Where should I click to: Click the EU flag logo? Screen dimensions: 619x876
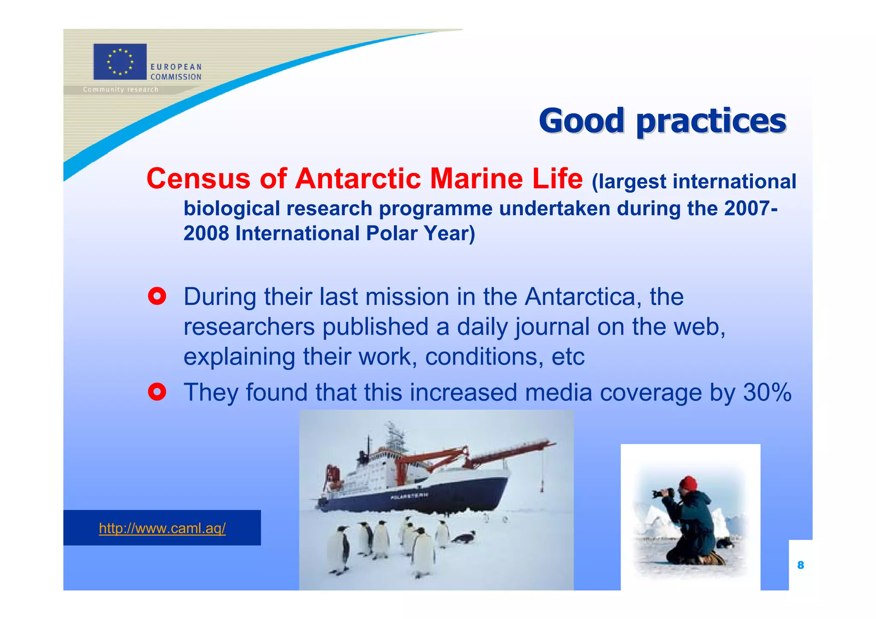[120, 62]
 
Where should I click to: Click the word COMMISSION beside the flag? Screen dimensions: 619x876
[176, 77]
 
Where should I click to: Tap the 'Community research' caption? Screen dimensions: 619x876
[121, 89]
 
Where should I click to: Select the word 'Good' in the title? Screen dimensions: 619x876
[581, 121]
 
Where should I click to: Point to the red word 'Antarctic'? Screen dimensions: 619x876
[358, 178]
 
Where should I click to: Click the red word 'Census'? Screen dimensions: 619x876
[198, 178]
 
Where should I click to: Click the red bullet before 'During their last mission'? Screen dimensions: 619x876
[157, 296]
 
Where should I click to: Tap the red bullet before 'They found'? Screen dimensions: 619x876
[157, 391]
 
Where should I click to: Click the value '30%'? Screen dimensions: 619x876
[767, 392]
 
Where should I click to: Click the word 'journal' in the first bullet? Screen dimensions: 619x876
[552, 327]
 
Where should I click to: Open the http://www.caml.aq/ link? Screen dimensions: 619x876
[162, 528]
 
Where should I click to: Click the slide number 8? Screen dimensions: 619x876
[800, 565]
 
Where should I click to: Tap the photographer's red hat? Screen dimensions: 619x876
[689, 483]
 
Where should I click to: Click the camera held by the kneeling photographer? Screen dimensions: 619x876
[662, 493]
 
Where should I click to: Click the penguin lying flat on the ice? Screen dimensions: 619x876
[463, 537]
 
